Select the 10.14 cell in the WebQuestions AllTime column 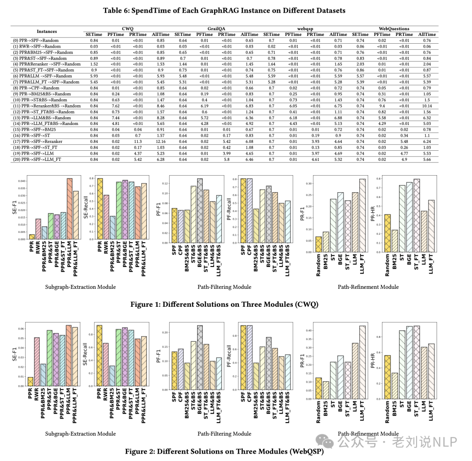pyautogui.click(x=427, y=106)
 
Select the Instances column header pyautogui.click(x=47, y=31)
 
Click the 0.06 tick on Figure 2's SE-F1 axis pyautogui.click(x=21, y=329)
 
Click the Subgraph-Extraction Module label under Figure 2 pyautogui.click(x=80, y=433)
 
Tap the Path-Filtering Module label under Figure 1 pyautogui.click(x=224, y=287)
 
